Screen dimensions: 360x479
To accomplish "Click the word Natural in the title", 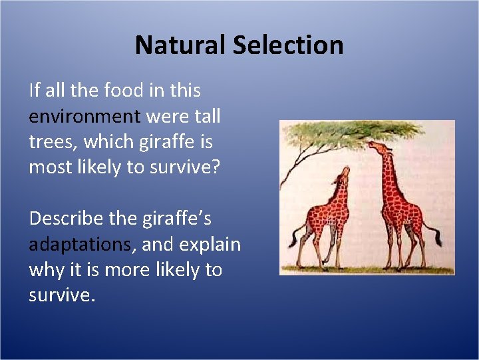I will point(181,45).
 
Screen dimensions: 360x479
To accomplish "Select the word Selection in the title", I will point(289,45).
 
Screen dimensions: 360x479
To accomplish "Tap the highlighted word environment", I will point(84,117).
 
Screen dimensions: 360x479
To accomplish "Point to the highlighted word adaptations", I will point(80,245).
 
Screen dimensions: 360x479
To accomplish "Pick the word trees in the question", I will point(50,142).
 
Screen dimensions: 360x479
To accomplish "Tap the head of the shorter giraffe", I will point(343,175).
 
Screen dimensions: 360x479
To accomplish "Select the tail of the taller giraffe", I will point(436,235).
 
